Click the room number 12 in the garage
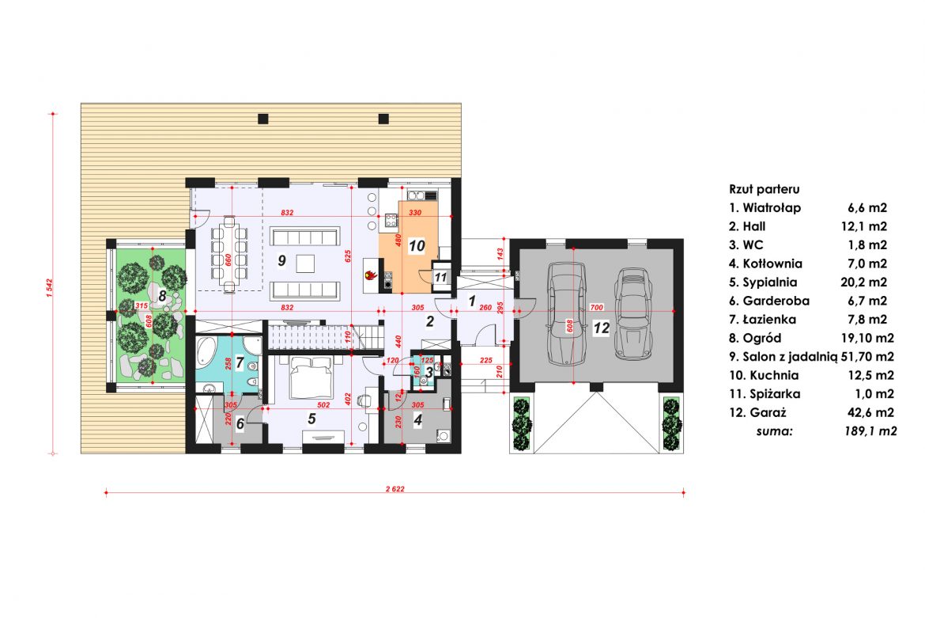pyautogui.click(x=602, y=328)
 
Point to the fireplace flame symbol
pyautogui.click(x=369, y=276)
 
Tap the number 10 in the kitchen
pyautogui.click(x=417, y=246)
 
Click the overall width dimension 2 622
pyautogui.click(x=395, y=489)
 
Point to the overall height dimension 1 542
pyautogui.click(x=49, y=285)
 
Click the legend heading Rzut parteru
pyautogui.click(x=765, y=189)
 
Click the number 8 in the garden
pyautogui.click(x=162, y=296)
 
